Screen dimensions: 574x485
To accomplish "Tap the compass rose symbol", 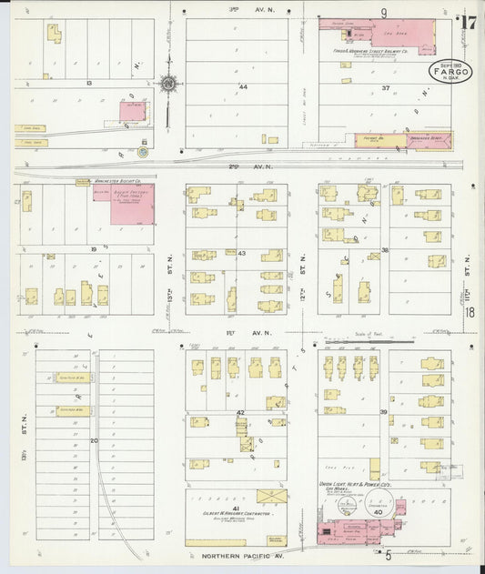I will coord(170,86).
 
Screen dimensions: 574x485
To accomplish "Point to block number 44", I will coord(243,87).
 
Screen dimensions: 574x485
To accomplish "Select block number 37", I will coord(386,88).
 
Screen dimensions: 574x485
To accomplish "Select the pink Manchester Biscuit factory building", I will coord(131,203).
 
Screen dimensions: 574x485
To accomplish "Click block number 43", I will coord(242,252).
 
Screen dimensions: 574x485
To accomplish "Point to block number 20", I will coord(94,439).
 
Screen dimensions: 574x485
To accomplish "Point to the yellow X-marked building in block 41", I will coord(271,495).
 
